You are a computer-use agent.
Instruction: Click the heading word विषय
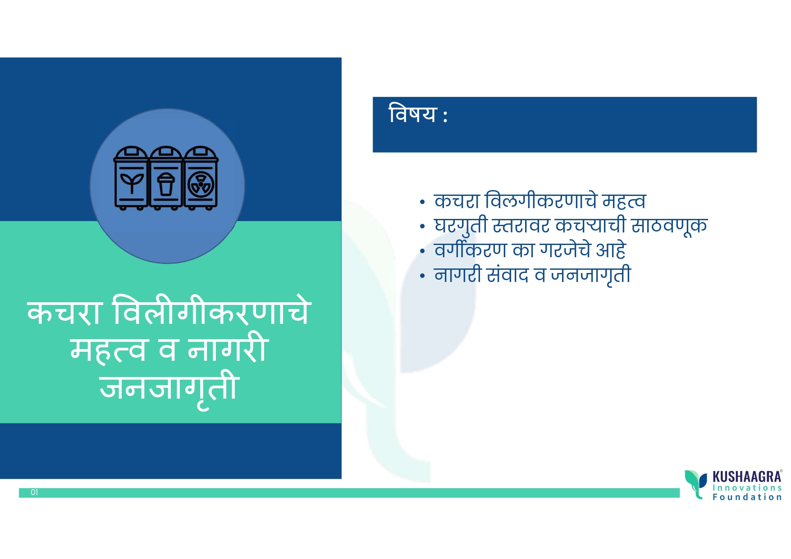(412, 114)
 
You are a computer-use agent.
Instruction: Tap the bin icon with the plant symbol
(131, 178)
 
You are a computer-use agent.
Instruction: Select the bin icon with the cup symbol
(166, 178)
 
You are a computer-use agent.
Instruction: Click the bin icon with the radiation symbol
(201, 178)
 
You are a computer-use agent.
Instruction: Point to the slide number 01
(34, 492)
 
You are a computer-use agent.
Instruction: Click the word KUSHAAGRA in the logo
(747, 477)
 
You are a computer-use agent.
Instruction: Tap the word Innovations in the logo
(747, 488)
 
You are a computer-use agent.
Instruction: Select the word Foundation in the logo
(747, 497)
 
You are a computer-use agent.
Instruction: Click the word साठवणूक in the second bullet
(669, 226)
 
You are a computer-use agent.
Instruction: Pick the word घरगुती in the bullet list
(461, 226)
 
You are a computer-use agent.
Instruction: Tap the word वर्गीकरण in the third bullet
(471, 250)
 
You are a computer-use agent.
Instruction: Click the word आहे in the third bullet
(611, 250)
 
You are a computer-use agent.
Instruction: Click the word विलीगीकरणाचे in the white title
(212, 311)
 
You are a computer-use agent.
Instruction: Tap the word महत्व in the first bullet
(624, 201)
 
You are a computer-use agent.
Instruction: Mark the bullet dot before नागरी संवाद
(422, 275)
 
